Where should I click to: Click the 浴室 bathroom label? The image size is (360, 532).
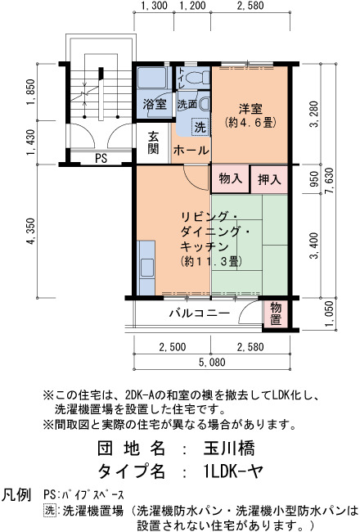pyautogui.click(x=155, y=104)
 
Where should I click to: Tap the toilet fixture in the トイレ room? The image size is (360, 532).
pyautogui.click(x=198, y=78)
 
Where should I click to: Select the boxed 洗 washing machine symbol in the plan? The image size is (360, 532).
pyautogui.click(x=200, y=127)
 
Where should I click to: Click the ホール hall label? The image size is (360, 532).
pyautogui.click(x=191, y=151)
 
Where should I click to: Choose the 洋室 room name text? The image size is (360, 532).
pyautogui.click(x=250, y=109)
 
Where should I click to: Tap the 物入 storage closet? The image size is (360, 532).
pyautogui.click(x=231, y=178)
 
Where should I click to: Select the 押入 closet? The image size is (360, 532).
pyautogui.click(x=269, y=179)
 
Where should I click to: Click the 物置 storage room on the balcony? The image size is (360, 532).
pyautogui.click(x=276, y=313)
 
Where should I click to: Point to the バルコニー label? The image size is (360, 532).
pyautogui.click(x=200, y=313)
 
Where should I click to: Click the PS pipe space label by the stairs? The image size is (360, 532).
pyautogui.click(x=101, y=159)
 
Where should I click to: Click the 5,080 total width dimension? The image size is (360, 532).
pyautogui.click(x=212, y=363)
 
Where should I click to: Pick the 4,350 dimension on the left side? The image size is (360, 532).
pyautogui.click(x=31, y=232)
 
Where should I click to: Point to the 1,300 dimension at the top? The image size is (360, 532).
pyautogui.click(x=154, y=6)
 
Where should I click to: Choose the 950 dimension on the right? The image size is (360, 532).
pyautogui.click(x=314, y=179)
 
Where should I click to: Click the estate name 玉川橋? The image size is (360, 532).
pyautogui.click(x=229, y=449)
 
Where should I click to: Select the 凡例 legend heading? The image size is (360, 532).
pyautogui.click(x=16, y=495)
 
